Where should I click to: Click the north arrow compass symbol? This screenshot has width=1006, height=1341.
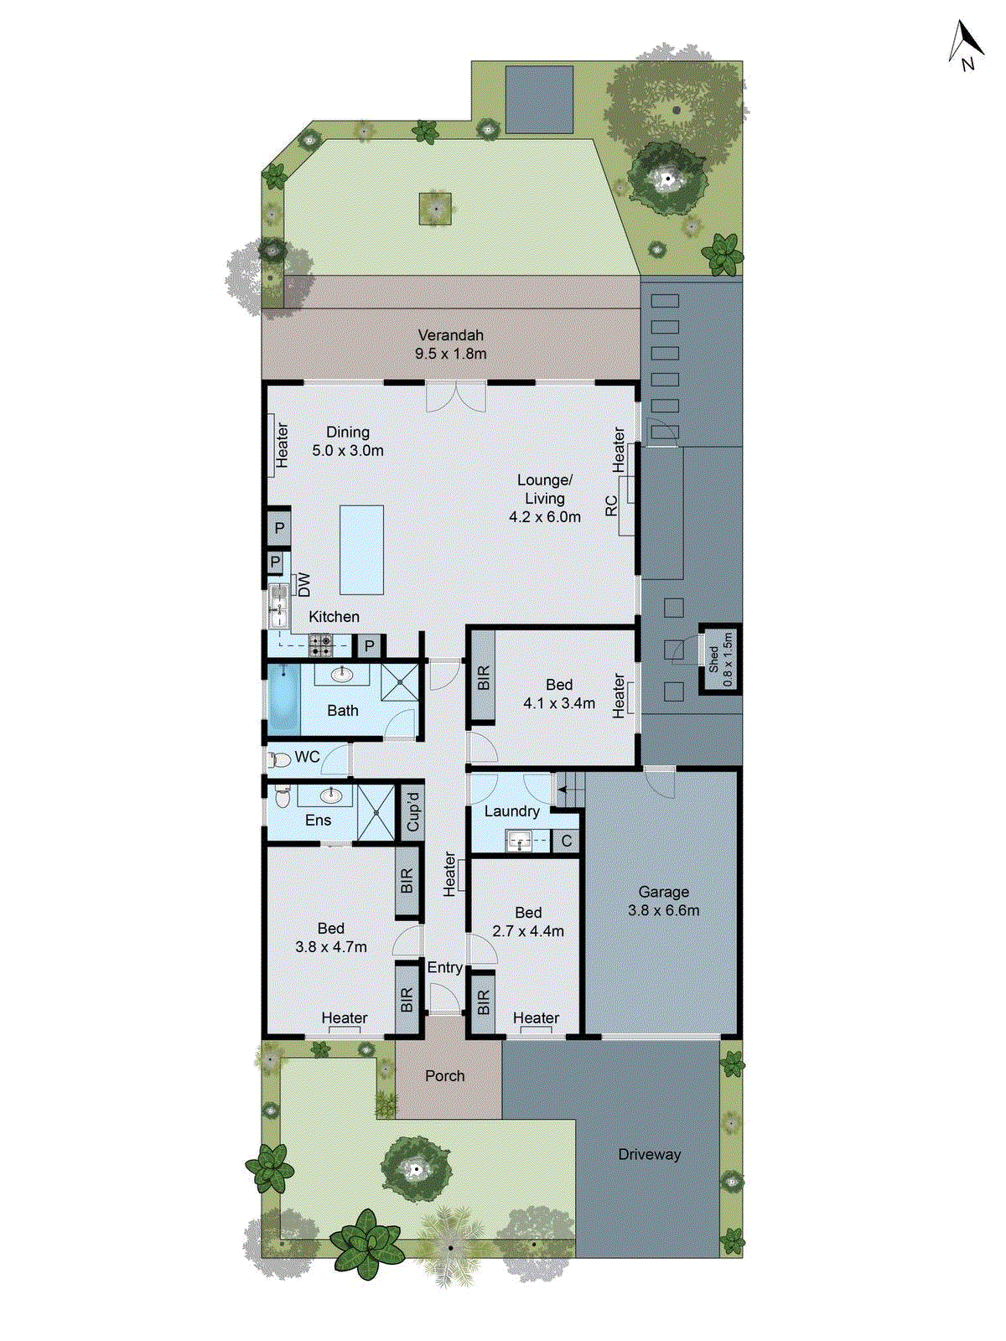click(966, 45)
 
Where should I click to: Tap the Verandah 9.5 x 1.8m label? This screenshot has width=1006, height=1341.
click(451, 344)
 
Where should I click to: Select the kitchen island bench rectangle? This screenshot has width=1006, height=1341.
click(361, 549)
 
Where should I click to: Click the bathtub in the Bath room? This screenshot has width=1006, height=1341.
click(283, 700)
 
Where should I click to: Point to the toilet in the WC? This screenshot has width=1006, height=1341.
click(279, 760)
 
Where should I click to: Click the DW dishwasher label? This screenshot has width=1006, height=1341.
click(303, 584)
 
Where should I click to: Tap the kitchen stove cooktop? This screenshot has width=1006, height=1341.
click(321, 645)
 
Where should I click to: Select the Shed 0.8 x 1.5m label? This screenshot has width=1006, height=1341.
click(720, 660)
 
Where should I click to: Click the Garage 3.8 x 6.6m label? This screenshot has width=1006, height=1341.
click(663, 901)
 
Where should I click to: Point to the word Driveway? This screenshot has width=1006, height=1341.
click(649, 1154)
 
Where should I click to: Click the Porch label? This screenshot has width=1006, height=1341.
click(444, 1075)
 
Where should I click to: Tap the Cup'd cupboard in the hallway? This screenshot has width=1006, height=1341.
click(412, 810)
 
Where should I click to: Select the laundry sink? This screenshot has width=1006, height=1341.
click(519, 840)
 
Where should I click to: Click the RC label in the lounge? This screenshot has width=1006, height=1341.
click(611, 506)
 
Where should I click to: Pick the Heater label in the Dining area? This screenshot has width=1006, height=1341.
click(283, 444)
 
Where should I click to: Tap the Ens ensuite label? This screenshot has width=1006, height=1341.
click(318, 821)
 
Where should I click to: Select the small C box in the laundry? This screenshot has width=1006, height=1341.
click(567, 841)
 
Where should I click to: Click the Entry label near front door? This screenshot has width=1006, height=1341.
click(444, 967)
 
